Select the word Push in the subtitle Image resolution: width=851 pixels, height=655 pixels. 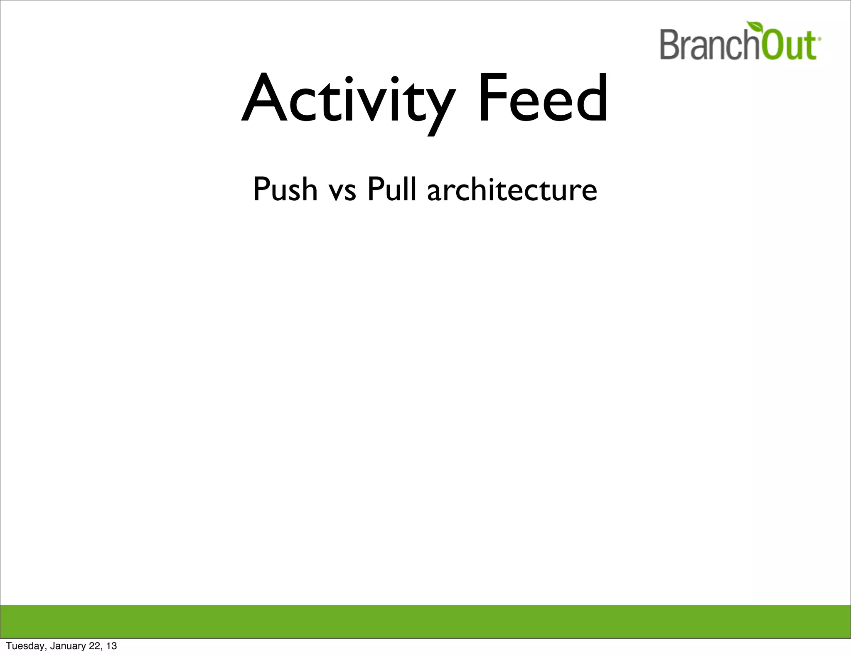point(285,190)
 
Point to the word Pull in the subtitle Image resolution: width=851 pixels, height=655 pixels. point(391,190)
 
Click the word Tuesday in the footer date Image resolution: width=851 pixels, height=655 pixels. point(25,646)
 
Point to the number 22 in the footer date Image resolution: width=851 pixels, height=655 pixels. point(95,646)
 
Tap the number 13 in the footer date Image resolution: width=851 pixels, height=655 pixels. point(111,646)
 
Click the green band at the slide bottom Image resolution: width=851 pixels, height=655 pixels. point(425,622)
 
